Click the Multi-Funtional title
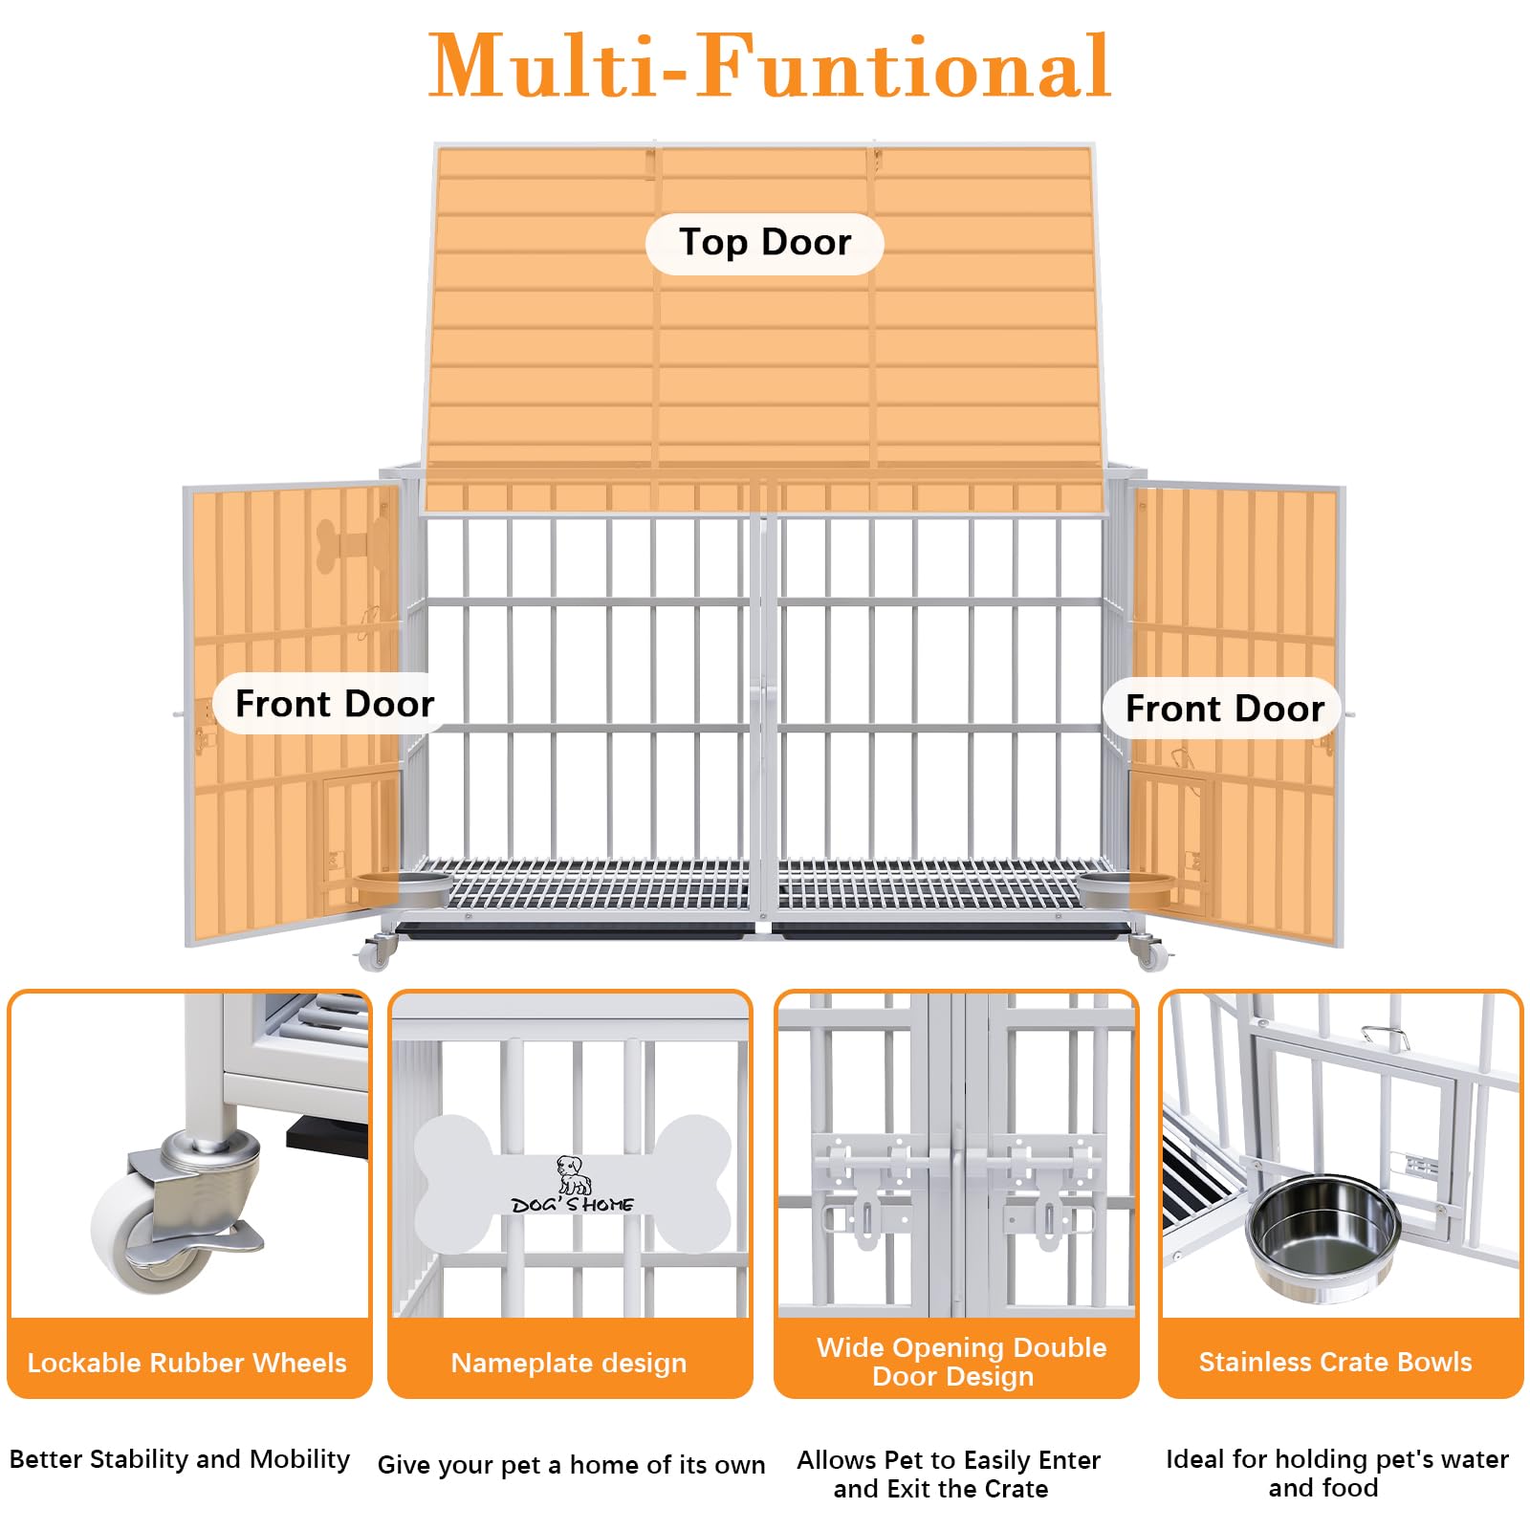(770, 66)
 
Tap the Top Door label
(765, 243)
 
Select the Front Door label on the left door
(334, 704)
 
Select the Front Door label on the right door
(1224, 709)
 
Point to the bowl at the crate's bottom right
(1126, 888)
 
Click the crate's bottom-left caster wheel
(376, 951)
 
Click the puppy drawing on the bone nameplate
(574, 1175)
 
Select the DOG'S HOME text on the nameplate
(573, 1205)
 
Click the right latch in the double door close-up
(1042, 1191)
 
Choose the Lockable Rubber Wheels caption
(187, 1363)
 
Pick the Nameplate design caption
(569, 1363)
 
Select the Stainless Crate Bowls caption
(1336, 1362)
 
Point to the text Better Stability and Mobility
(180, 1459)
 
